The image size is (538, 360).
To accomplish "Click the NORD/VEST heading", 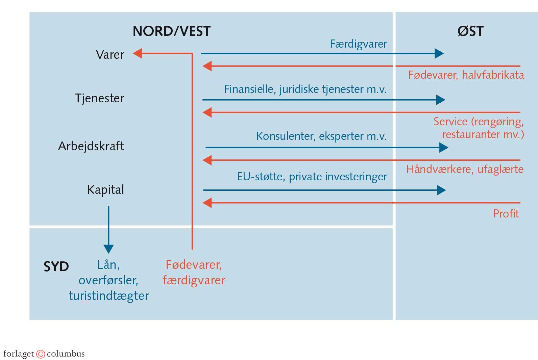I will tap(172, 31).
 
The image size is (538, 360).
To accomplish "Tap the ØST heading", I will tap(470, 31).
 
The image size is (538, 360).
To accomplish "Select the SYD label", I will tap(56, 267).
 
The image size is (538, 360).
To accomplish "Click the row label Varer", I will tap(110, 55).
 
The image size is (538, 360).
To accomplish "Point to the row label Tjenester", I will tap(99, 98).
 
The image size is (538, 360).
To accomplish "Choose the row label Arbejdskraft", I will tap(91, 146).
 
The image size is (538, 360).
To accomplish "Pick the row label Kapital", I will tap(105, 190).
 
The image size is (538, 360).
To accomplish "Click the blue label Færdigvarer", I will tap(358, 44).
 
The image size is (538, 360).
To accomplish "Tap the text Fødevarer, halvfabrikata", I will tap(466, 75).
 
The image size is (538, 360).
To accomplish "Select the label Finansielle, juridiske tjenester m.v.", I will tap(305, 89).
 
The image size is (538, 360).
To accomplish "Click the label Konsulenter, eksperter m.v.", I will tap(321, 136).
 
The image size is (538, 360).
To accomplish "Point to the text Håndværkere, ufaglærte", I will tap(465, 169).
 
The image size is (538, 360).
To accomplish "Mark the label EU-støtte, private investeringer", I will tap(312, 177).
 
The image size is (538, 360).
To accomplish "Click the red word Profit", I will tap(506, 213).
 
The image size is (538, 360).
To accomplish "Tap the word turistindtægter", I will tap(109, 296).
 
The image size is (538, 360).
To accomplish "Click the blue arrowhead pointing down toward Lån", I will tap(108, 249).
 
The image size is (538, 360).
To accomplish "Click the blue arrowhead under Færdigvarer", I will tap(439, 53).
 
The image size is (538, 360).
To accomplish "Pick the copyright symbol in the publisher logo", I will tap(41, 354).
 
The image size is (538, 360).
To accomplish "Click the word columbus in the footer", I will tap(66, 354).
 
